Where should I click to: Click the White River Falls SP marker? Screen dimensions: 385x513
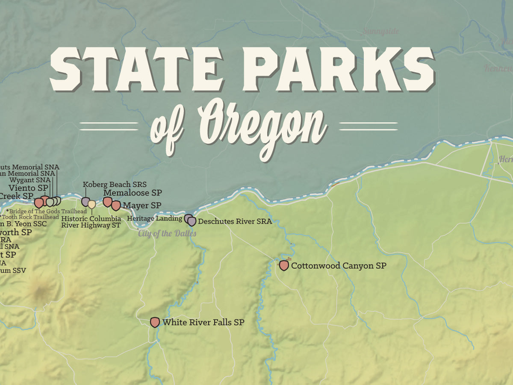point(155,322)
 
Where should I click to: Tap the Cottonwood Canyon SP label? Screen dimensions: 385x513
point(339,266)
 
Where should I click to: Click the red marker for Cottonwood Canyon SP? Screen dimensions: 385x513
point(284,265)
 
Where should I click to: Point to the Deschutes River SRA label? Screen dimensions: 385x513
point(235,221)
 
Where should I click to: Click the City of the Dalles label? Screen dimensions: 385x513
point(167,233)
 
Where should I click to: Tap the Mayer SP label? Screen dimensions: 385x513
point(142,206)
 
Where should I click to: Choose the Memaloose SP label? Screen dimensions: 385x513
point(133,193)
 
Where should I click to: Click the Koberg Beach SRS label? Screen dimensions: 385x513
point(115,185)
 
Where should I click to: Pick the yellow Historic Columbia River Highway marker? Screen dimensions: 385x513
point(91,204)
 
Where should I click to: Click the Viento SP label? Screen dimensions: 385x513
point(28,188)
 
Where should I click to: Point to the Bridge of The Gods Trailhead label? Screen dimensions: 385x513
point(48,211)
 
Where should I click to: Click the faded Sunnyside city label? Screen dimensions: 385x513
point(381,31)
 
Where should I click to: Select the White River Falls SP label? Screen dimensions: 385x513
point(203,323)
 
